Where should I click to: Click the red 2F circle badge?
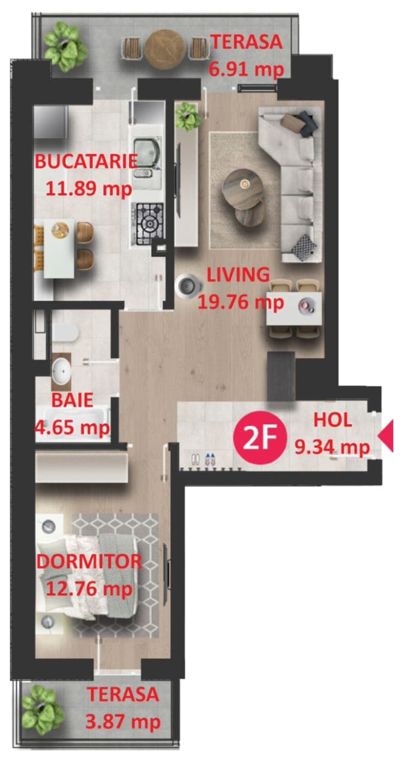259,438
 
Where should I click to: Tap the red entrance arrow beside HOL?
386,436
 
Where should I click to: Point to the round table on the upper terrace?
165,49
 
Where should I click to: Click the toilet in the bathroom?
65,332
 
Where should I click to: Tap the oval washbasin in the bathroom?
62,371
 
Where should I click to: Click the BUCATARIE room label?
86,162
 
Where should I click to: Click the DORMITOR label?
89,562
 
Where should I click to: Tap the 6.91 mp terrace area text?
247,70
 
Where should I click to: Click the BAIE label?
73,400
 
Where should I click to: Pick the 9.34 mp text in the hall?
332,447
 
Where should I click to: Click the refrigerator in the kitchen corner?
51,122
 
